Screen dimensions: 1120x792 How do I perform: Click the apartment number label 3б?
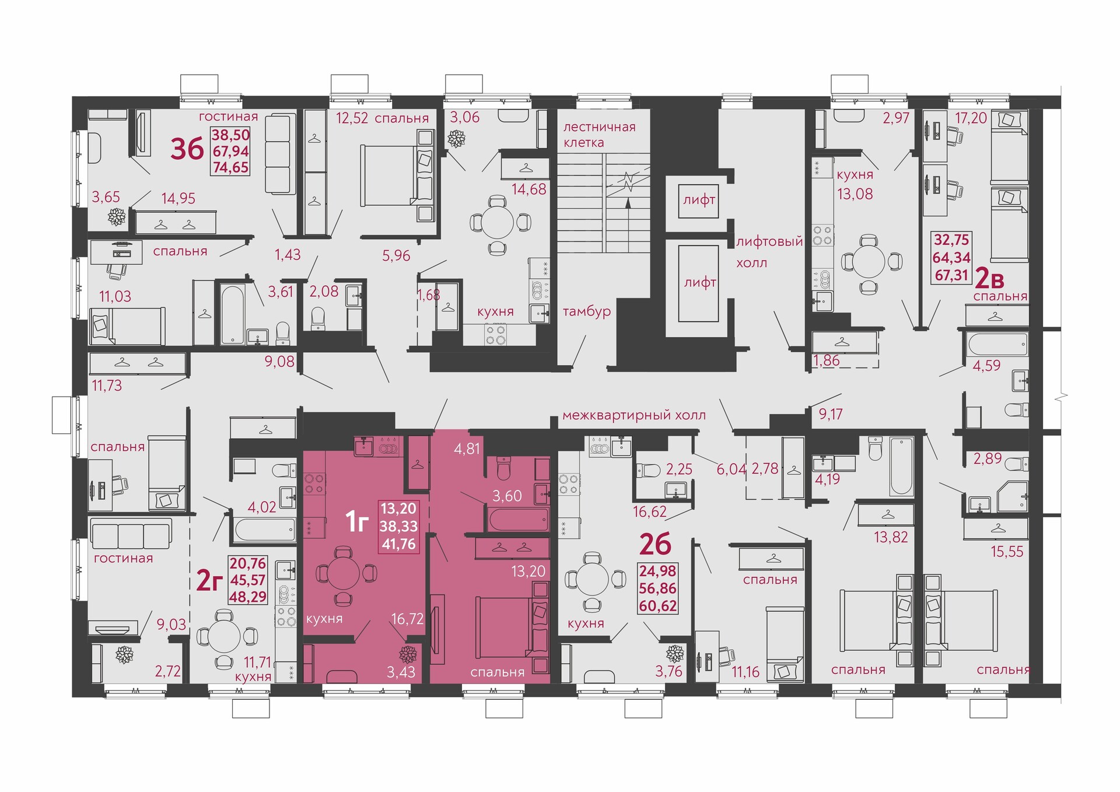(187, 149)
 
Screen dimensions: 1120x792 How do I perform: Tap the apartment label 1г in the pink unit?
(357, 521)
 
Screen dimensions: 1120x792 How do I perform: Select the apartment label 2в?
(989, 281)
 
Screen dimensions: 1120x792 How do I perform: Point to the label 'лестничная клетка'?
(599, 135)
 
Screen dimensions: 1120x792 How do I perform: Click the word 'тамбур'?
(587, 311)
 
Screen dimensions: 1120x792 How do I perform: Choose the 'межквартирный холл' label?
(634, 415)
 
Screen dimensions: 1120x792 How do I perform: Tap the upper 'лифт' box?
(699, 200)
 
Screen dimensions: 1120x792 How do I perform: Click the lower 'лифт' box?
(699, 283)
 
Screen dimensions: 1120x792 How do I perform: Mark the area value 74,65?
(230, 167)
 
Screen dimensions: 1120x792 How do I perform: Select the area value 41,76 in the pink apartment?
(399, 544)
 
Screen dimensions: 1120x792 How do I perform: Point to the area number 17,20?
(971, 118)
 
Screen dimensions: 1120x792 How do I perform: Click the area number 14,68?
(529, 189)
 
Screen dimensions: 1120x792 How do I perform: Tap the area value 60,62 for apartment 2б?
(658, 606)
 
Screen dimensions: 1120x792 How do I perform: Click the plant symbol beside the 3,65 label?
(117, 217)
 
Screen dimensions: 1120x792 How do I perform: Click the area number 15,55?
(1007, 551)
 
